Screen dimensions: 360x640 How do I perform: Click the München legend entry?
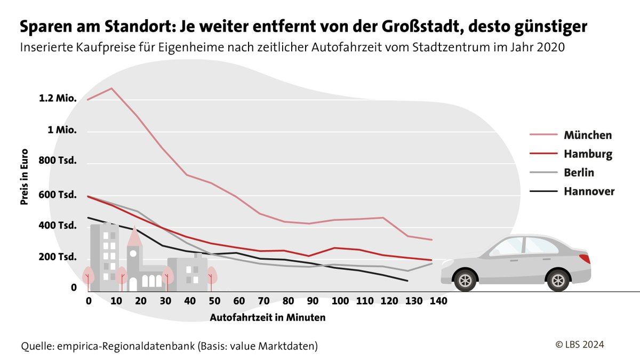(x=588, y=135)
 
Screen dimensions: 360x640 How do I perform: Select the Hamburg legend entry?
(x=588, y=154)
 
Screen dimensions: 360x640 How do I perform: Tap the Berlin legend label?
(x=579, y=173)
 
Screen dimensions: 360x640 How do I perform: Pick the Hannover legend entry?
(x=589, y=191)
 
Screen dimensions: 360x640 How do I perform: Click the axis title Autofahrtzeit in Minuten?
(x=268, y=317)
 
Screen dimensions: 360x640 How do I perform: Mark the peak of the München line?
(x=111, y=88)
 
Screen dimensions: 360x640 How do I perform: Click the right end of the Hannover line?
(x=408, y=281)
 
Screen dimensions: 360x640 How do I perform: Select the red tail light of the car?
(x=585, y=259)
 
